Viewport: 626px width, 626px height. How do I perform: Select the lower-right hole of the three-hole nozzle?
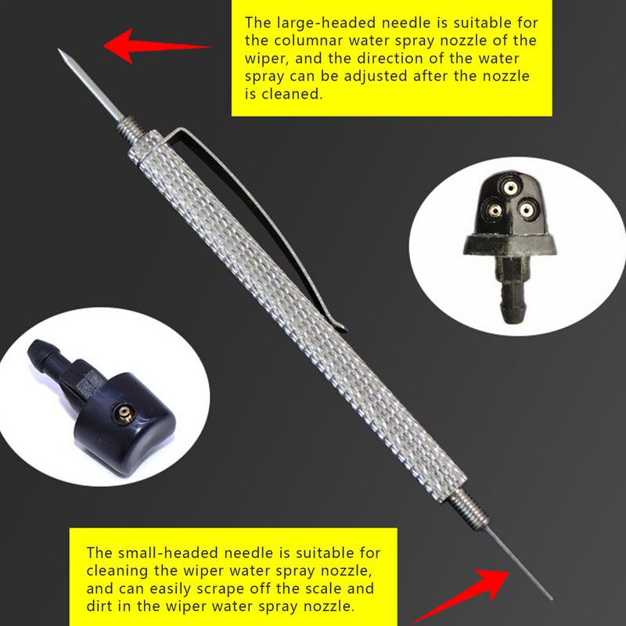(x=527, y=209)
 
